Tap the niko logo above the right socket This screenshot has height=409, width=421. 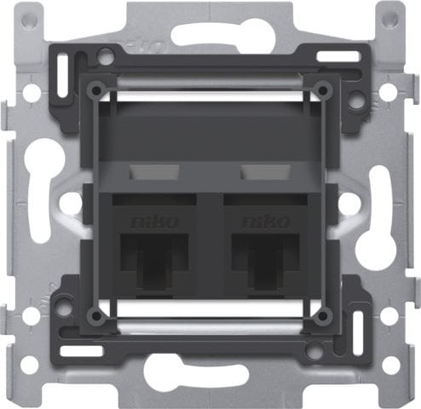pyautogui.click(x=263, y=222)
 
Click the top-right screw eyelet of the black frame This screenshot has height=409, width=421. pyautogui.click(x=323, y=89)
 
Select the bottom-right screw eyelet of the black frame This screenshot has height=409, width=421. pyautogui.click(x=323, y=316)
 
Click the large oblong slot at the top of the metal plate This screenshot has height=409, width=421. pyautogui.click(x=210, y=34)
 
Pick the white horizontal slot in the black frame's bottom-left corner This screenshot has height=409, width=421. pyautogui.click(x=84, y=350)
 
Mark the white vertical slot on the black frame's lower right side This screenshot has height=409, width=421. pyautogui.click(x=358, y=325)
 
